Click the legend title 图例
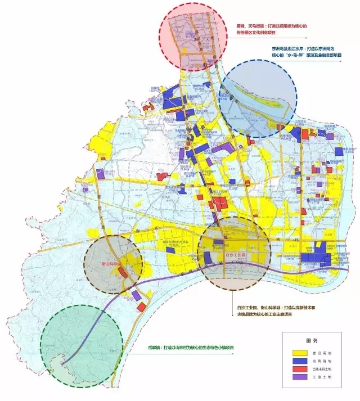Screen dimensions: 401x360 pyautogui.click(x=313, y=341)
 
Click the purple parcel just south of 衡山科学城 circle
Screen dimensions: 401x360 pyautogui.click(x=136, y=295)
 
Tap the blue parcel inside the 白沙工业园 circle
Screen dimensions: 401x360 pyautogui.click(x=208, y=258)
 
